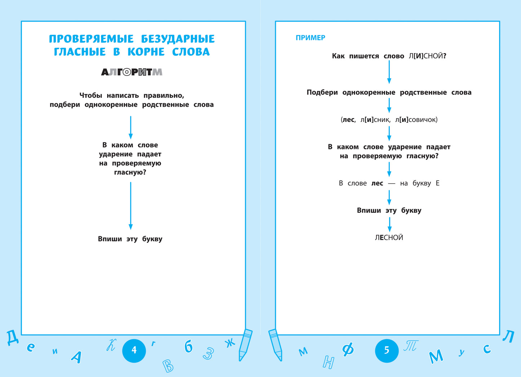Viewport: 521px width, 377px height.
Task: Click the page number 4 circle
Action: click(x=134, y=350)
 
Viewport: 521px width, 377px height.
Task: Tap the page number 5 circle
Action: click(x=387, y=350)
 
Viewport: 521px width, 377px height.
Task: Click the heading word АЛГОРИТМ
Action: click(x=132, y=72)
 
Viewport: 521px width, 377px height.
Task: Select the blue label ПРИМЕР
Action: click(x=310, y=38)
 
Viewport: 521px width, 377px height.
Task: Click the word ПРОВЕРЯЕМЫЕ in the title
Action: click(x=91, y=39)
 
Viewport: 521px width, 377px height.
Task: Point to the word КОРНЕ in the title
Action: click(x=146, y=52)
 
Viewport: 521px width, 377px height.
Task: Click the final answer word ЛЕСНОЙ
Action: click(x=389, y=237)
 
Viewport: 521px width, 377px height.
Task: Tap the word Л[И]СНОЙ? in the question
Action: click(x=428, y=56)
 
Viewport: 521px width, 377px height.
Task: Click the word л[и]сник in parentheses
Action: click(x=375, y=120)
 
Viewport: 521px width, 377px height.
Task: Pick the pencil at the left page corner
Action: click(x=245, y=345)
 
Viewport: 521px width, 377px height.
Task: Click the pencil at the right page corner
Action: click(x=275, y=345)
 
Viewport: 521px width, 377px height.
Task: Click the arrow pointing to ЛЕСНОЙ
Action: click(x=389, y=224)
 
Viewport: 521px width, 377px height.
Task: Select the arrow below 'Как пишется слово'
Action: click(x=389, y=72)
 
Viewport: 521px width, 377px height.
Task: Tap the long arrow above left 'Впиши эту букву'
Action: click(x=131, y=206)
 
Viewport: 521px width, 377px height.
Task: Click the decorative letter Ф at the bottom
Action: click(x=348, y=349)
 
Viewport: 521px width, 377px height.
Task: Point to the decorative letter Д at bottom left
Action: click(x=12, y=338)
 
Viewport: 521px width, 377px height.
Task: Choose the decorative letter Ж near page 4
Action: click(x=230, y=343)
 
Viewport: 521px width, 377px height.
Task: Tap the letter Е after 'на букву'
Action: click(x=437, y=183)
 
